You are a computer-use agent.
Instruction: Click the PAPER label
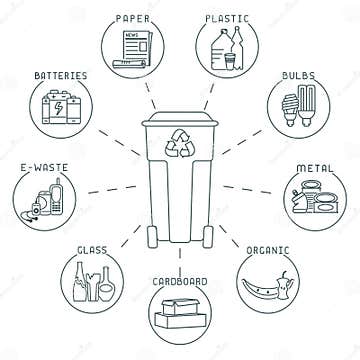click(135, 17)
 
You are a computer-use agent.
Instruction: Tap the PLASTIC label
click(225, 17)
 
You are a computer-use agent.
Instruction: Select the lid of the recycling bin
click(180, 121)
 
